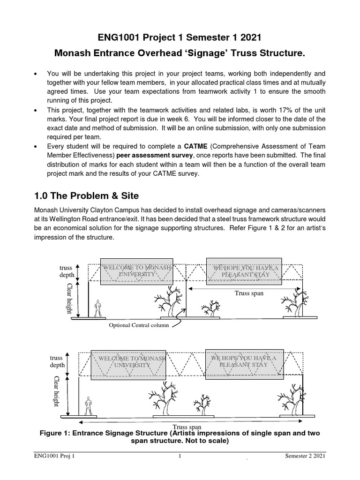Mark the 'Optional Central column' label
pos(138,325)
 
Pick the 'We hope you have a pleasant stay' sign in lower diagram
pos(243,361)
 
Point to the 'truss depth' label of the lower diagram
pos(57,361)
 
